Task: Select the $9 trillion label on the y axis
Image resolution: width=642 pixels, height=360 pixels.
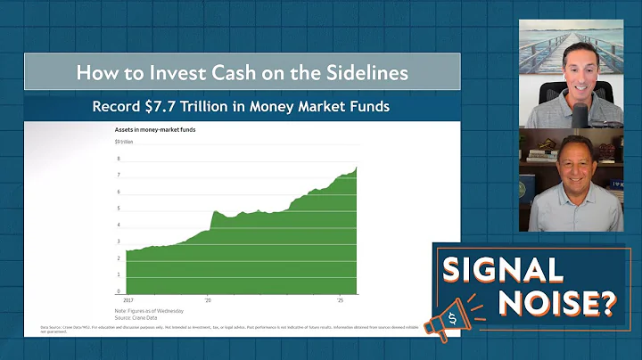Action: tap(125, 142)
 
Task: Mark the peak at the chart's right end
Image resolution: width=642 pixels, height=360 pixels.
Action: tap(357, 167)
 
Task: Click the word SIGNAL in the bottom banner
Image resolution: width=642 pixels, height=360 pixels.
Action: tap(504, 268)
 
